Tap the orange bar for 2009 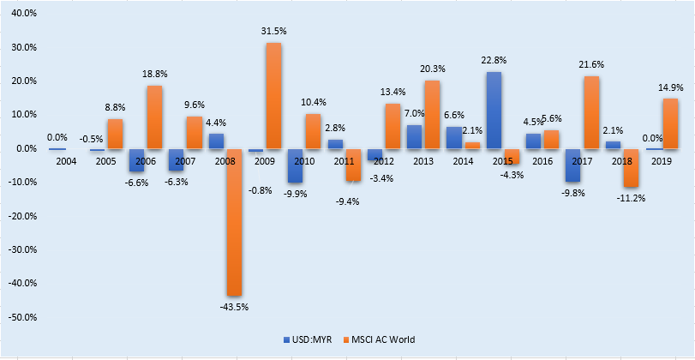click(273, 95)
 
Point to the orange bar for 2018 click(631, 167)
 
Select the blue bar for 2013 click(414, 136)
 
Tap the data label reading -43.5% click(233, 306)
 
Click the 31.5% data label click(273, 33)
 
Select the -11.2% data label click(631, 197)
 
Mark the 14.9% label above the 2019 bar click(670, 87)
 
